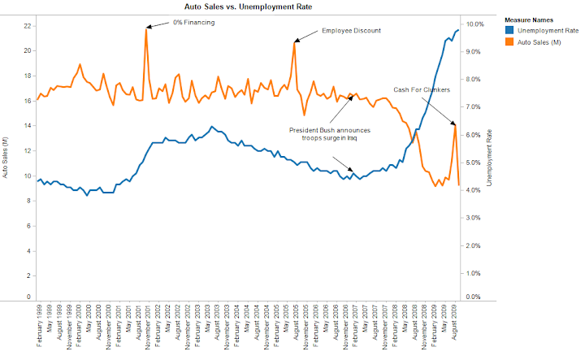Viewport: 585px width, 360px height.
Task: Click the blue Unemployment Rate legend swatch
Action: [509, 30]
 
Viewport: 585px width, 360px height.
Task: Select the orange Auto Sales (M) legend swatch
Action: [509, 41]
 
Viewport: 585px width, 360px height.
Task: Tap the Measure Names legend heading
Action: [531, 19]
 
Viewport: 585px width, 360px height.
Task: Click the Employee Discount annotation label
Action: [351, 30]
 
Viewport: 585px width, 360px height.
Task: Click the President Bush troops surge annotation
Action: [329, 134]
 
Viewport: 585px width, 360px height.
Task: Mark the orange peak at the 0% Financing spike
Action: [147, 29]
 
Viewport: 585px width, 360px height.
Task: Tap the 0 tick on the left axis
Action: [29, 297]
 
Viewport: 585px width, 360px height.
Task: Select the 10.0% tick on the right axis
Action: [474, 24]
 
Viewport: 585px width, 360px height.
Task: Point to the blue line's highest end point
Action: [458, 29]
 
